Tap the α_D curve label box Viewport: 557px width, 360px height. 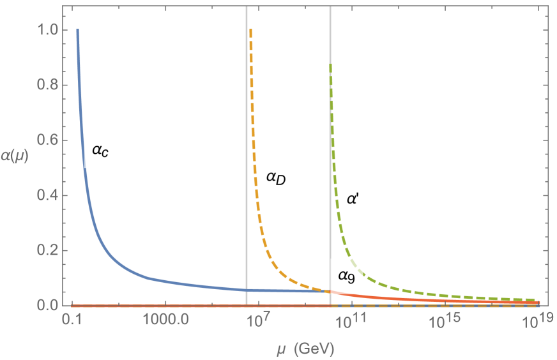(x=275, y=177)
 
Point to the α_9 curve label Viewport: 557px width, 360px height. (x=346, y=276)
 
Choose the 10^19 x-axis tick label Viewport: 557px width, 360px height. (x=536, y=321)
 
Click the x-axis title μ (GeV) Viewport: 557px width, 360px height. (x=303, y=349)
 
